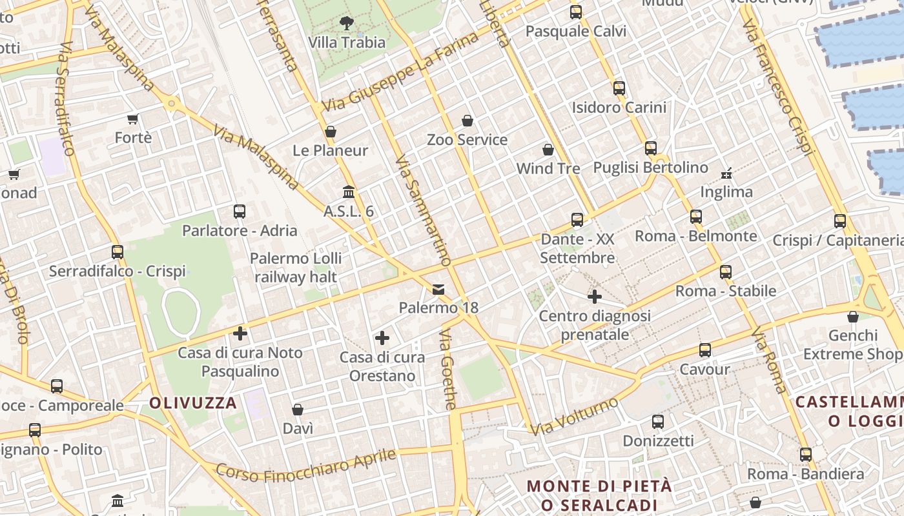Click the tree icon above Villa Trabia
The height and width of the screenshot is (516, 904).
tap(347, 23)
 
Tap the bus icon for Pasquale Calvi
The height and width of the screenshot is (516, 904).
tap(575, 12)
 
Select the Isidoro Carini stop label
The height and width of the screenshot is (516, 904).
tap(619, 107)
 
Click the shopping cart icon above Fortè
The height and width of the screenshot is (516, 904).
tap(133, 119)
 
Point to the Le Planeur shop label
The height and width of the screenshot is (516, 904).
tap(330, 150)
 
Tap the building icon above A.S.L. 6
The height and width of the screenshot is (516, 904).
tap(349, 192)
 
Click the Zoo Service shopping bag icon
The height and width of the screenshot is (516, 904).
tap(467, 121)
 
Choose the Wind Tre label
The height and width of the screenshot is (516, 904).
tap(548, 168)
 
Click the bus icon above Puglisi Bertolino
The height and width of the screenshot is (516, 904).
tap(650, 148)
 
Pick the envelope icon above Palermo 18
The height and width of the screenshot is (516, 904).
tap(438, 289)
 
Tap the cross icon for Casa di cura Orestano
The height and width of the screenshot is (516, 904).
tap(382, 338)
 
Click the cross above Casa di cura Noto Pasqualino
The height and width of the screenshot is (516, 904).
tap(240, 333)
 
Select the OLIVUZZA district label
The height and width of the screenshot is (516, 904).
tap(193, 403)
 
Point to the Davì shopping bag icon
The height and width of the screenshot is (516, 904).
tap(298, 410)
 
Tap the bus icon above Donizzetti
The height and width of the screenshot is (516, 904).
tap(658, 422)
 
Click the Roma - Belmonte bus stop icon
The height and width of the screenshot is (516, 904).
tap(695, 217)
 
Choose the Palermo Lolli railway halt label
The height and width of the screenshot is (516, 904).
tap(296, 268)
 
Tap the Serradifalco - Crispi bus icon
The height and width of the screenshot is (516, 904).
tap(117, 252)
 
